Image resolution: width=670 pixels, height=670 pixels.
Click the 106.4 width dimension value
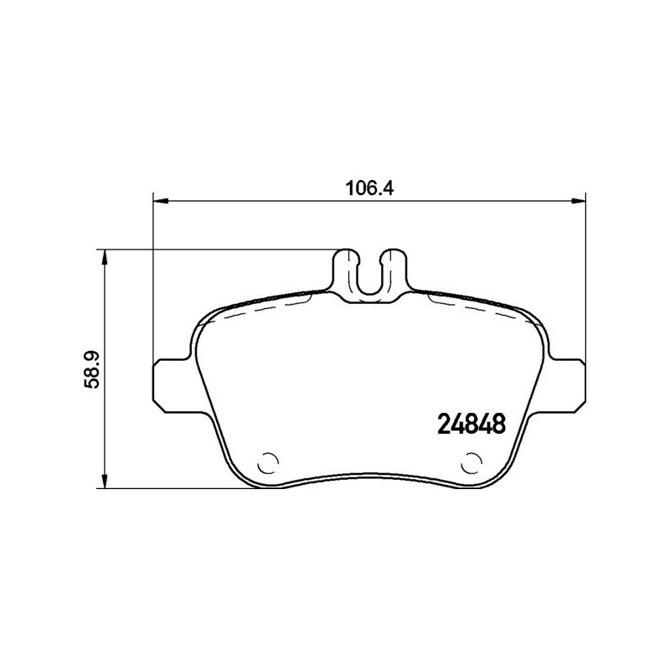pyautogui.click(x=369, y=188)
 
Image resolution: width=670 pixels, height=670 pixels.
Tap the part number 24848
pyautogui.click(x=472, y=425)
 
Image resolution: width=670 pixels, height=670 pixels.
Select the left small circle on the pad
pyautogui.click(x=270, y=461)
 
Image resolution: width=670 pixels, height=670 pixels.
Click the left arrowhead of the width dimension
pyautogui.click(x=159, y=199)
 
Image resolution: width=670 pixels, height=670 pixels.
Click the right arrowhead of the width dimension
pyautogui.click(x=579, y=199)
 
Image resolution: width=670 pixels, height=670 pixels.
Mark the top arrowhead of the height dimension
pyautogui.click(x=105, y=255)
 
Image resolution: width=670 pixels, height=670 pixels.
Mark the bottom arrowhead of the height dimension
pyautogui.click(x=105, y=481)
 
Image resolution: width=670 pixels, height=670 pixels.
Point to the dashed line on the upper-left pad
pyautogui.click(x=251, y=309)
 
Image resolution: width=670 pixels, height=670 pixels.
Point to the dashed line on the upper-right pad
pyautogui.click(x=486, y=309)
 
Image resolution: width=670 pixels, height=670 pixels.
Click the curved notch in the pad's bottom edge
pyautogui.click(x=369, y=480)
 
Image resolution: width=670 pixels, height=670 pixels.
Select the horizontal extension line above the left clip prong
pyautogui.click(x=218, y=249)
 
